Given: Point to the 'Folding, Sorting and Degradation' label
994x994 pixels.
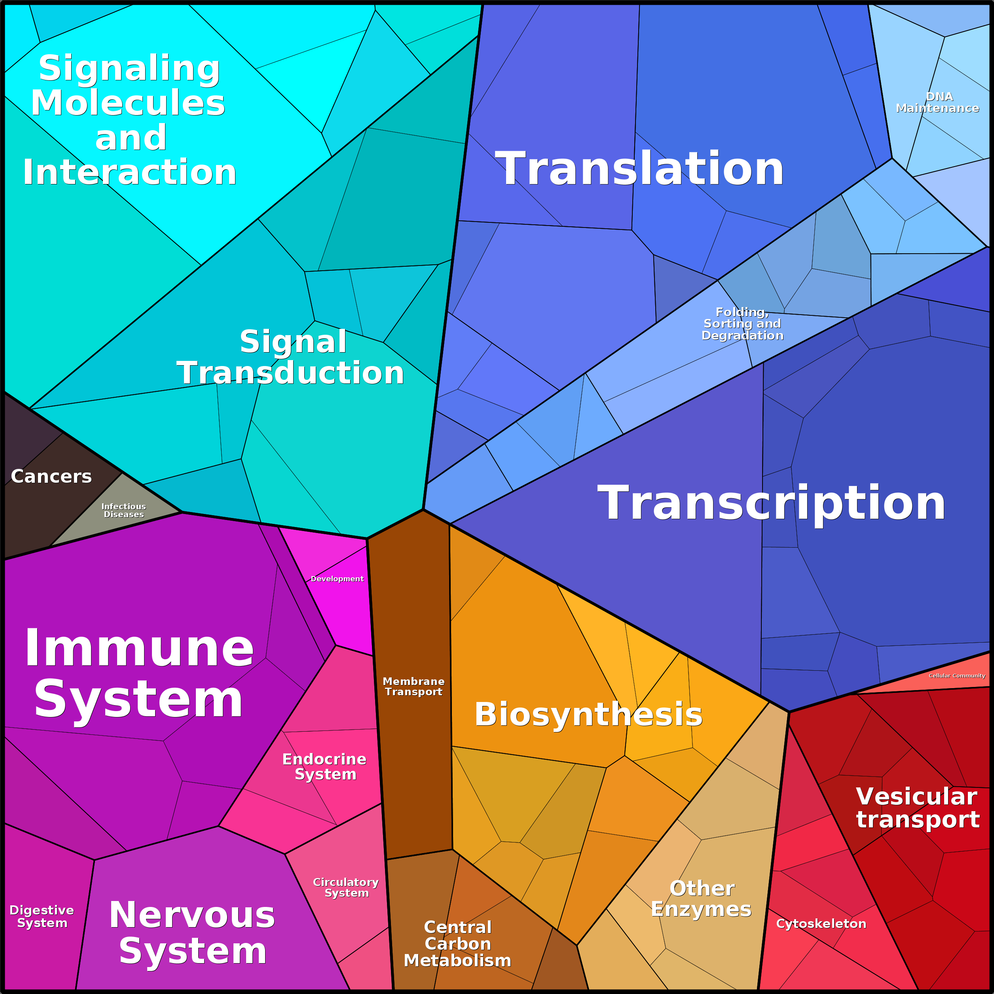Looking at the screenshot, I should click(742, 324).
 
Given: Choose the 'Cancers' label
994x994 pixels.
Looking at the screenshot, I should click(51, 476).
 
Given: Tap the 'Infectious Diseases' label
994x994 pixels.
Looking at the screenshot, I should click(123, 510).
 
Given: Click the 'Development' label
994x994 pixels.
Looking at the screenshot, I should click(337, 579).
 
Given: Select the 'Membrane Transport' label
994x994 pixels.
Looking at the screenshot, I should click(414, 686).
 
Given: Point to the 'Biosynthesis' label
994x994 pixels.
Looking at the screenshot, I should click(588, 714).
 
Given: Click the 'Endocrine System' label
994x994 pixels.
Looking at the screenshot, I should click(324, 766).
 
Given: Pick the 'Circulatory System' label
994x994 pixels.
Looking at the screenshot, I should click(346, 888).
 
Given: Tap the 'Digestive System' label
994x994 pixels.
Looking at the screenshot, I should click(42, 916).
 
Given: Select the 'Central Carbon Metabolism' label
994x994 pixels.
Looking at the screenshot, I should click(457, 944).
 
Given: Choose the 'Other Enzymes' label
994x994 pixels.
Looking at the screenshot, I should click(701, 899).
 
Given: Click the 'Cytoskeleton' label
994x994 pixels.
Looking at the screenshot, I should click(821, 924).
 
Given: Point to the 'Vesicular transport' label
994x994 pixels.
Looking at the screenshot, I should click(917, 808).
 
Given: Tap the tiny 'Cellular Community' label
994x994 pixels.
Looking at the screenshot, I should click(956, 675).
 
